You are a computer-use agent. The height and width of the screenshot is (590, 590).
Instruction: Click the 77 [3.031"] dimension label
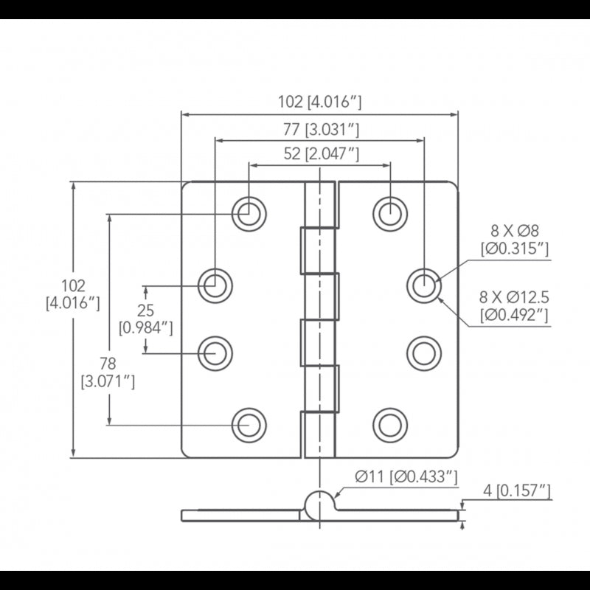(321, 130)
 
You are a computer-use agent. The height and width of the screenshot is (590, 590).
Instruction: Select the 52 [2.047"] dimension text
(321, 154)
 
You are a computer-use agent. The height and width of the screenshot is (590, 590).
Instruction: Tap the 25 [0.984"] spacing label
(145, 319)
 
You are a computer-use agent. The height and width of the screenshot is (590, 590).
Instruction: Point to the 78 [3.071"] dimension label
(108, 372)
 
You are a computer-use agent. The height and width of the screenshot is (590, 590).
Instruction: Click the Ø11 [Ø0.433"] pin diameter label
(406, 476)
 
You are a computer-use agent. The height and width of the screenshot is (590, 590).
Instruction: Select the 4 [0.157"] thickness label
(517, 490)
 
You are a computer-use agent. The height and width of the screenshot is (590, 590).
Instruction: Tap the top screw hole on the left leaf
(249, 214)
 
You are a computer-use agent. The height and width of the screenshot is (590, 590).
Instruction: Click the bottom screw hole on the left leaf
(249, 426)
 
